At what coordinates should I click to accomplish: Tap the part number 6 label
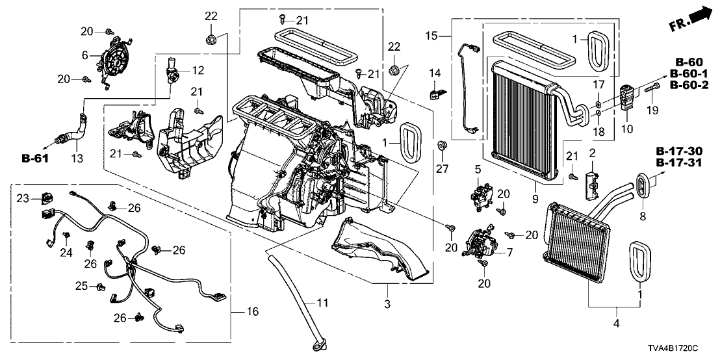[84, 56]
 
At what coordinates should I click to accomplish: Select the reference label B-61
[36, 158]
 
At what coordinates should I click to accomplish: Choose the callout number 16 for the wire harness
[253, 313]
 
